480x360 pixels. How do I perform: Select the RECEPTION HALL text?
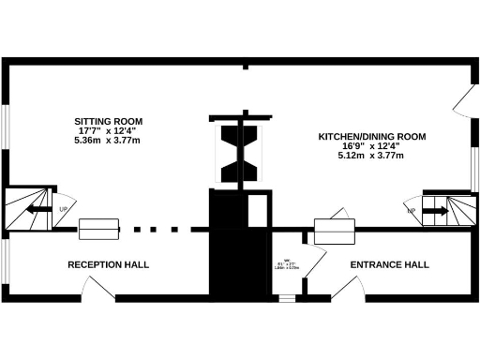[x=108, y=264]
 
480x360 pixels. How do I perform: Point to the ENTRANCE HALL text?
[x=390, y=264]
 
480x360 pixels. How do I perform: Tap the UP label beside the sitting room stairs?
[x=63, y=210]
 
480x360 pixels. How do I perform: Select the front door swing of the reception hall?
[x=129, y=292]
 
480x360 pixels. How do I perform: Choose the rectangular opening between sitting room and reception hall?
[x=98, y=228]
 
